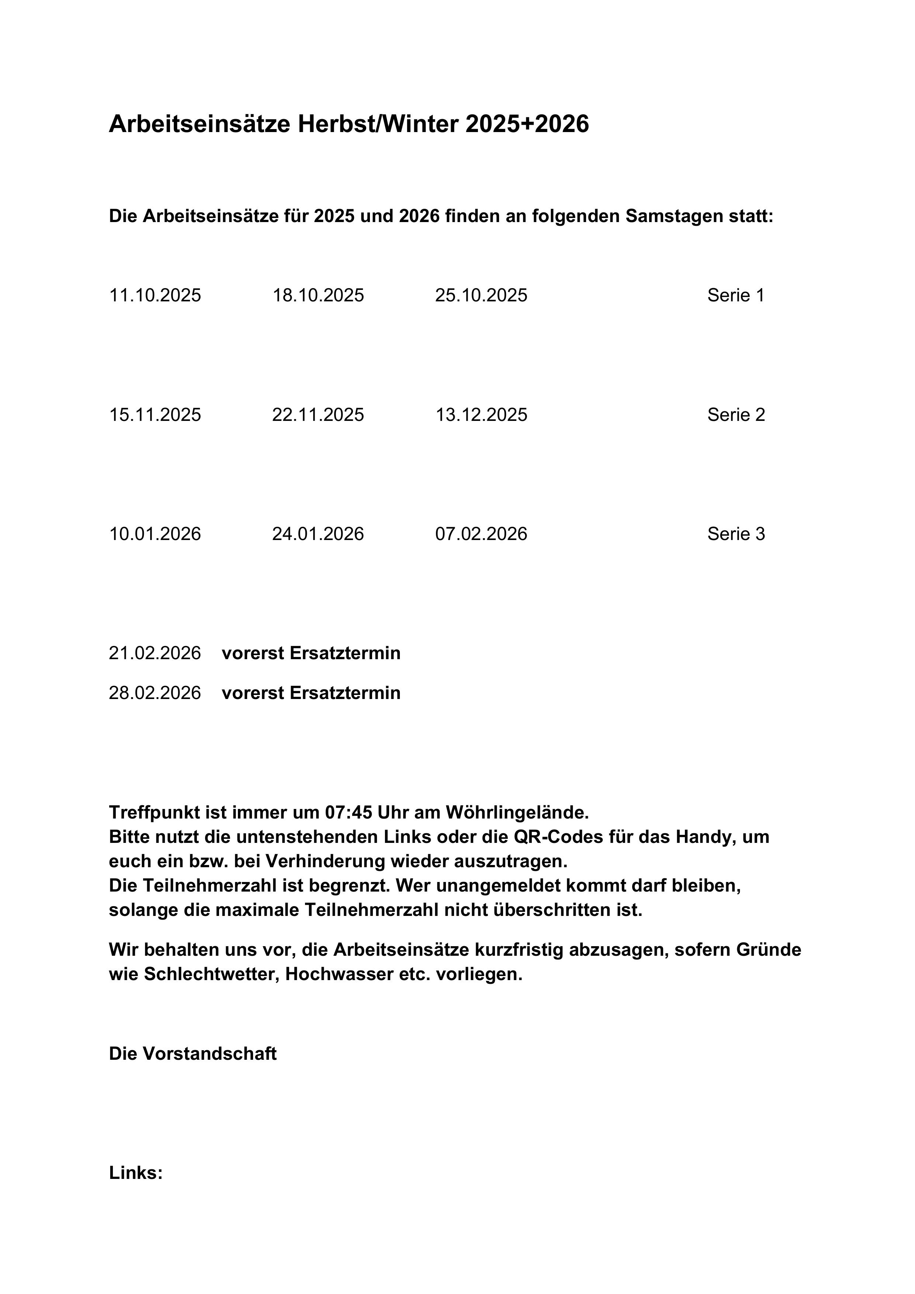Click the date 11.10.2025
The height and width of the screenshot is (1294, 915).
155,295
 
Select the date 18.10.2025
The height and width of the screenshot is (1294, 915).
318,295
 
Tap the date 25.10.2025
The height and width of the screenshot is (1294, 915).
481,295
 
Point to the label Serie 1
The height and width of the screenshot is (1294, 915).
736,295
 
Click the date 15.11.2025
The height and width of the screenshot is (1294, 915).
155,415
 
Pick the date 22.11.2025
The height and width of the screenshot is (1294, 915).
318,415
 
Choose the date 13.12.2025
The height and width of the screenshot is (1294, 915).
481,415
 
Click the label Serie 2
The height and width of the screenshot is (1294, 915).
736,415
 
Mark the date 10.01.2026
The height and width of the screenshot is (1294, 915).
155,534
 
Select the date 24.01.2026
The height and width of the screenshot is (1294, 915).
318,534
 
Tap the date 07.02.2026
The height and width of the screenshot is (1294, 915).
481,534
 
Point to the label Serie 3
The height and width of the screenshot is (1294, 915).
736,534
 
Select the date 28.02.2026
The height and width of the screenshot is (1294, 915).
155,693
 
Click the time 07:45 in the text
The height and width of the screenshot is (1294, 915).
348,812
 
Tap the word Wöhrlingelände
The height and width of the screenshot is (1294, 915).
517,812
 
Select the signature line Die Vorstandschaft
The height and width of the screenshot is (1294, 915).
193,1053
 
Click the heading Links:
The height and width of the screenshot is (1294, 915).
136,1173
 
